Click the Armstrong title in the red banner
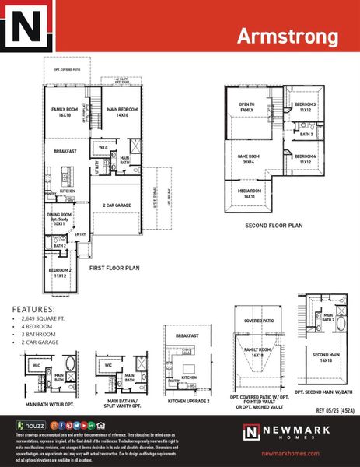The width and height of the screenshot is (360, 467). pos(287,37)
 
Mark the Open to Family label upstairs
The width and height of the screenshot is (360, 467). pos(246,107)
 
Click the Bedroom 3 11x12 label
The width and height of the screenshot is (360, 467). pos(305,107)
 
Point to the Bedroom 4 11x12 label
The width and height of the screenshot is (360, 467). pos(305,159)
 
